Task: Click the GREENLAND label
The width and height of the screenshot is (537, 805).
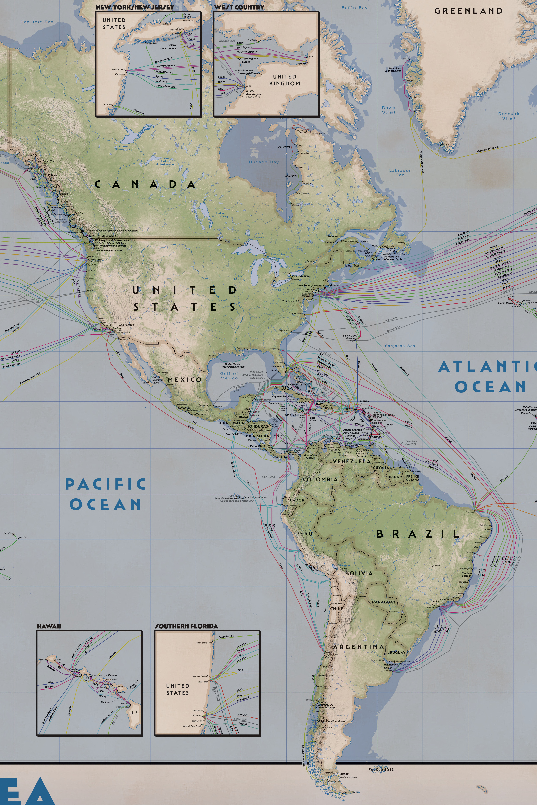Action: coord(468,11)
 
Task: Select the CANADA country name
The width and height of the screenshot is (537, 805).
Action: coord(145,184)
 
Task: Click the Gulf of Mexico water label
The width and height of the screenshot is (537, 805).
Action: coord(229,376)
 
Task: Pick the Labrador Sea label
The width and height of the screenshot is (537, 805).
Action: coord(400,172)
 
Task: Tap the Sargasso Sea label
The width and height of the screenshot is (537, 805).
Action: coord(400,346)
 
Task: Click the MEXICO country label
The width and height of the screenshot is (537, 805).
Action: coord(184,380)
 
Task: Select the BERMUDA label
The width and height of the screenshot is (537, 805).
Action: coord(349,336)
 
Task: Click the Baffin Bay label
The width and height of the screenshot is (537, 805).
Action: coord(354,8)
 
